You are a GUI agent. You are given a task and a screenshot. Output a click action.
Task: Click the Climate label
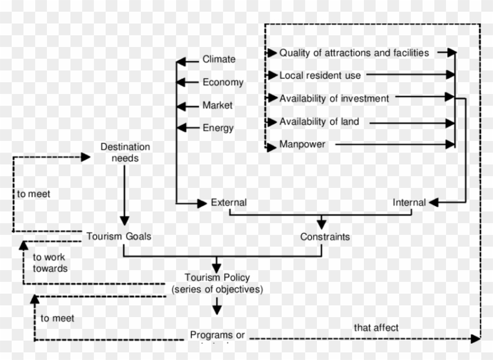[x=219, y=59]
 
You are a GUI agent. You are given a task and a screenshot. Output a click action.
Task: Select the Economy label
[x=222, y=82]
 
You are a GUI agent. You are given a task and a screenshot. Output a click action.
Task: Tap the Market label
[x=217, y=105]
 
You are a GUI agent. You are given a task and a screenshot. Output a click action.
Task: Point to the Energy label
[x=218, y=128]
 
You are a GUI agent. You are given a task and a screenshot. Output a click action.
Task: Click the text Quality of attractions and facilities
[x=354, y=53]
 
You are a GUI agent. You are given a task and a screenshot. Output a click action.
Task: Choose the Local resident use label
[x=320, y=75]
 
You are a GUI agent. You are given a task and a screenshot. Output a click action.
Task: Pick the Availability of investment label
[x=334, y=98]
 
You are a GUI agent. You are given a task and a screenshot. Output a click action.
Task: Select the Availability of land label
[x=319, y=122]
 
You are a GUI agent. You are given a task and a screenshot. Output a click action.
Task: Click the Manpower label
[x=302, y=144]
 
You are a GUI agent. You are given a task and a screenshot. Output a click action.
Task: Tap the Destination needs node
[x=125, y=152]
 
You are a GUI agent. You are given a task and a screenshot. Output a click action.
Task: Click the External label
[x=228, y=203]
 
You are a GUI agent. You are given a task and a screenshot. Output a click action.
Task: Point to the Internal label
[x=409, y=203]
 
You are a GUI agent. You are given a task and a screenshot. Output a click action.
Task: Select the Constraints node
[x=325, y=237]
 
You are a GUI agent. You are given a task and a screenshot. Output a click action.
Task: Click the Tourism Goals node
[x=119, y=236]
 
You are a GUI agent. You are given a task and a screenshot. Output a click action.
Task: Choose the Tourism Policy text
[x=217, y=283]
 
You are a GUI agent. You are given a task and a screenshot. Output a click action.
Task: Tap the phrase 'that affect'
[x=376, y=327]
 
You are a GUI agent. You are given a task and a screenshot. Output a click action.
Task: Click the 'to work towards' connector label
[x=50, y=263]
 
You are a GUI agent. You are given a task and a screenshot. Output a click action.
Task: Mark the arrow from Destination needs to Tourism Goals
[x=124, y=194]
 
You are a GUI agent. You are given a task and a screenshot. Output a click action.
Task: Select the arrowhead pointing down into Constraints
[x=321, y=224]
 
